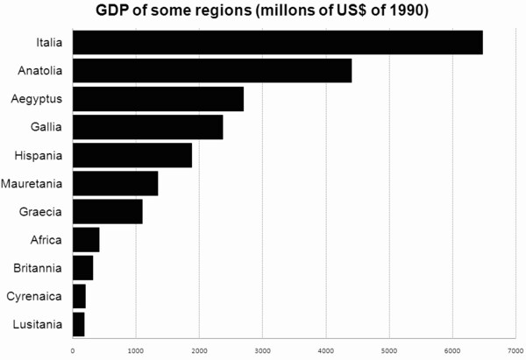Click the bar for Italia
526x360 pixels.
pos(277,42)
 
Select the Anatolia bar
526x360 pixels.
pos(212,70)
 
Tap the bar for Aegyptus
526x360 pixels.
pos(158,98)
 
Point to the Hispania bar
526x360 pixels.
pos(131,155)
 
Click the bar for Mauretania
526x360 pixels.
pos(115,183)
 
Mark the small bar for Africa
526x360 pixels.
pos(86,239)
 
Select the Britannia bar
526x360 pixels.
pos(82,267)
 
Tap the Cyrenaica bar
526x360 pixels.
pos(79,296)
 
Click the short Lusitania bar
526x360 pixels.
pos(78,324)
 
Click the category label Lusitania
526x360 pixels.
pos(38,324)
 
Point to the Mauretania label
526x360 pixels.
pos(32,184)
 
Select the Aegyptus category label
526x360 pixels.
pos(36,99)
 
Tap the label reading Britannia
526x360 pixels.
pos(37,268)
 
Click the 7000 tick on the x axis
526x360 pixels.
pos(515,351)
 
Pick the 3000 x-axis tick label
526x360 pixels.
pos(262,351)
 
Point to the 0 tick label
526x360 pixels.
pos(73,351)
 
